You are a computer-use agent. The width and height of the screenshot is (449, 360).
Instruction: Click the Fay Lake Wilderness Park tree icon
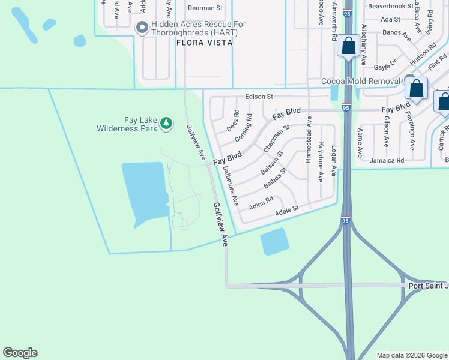(166, 124)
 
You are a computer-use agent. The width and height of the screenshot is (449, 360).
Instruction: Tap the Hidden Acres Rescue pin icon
(142, 28)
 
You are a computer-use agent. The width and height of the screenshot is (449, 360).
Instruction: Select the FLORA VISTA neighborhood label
(199, 43)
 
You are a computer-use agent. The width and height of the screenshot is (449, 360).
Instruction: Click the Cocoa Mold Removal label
(361, 81)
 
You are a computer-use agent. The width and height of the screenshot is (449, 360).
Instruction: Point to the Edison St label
(259, 96)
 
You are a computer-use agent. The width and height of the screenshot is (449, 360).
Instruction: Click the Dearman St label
(205, 8)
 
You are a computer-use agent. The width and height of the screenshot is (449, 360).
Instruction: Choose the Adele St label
(287, 211)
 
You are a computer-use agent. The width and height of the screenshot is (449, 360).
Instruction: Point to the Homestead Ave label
(309, 139)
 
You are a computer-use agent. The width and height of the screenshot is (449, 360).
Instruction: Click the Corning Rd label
(243, 128)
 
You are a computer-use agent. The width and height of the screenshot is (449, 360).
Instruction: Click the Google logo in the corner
(20, 352)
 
